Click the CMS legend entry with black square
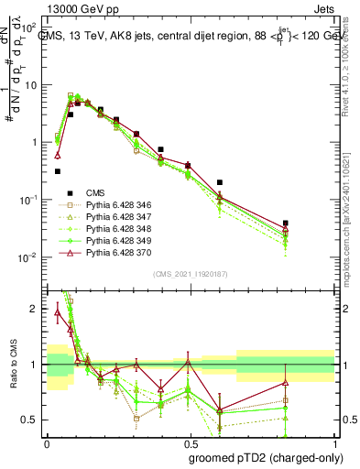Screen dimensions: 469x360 coord(95,192)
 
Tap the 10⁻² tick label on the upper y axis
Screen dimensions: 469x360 coord(30,257)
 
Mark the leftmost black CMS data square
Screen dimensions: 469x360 coord(58,171)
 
